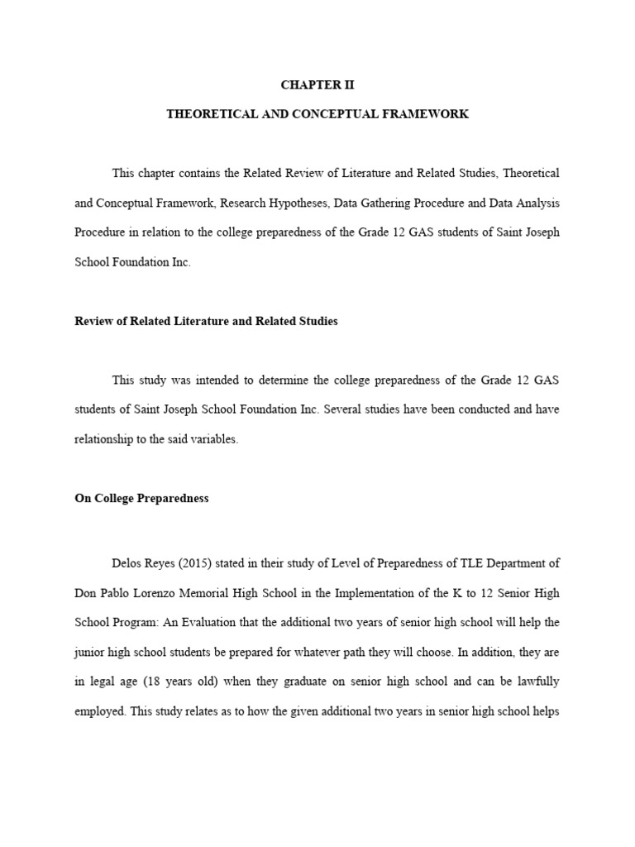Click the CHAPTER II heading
coord(317,84)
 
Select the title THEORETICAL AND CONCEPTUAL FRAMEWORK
coord(317,114)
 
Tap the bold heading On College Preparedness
coord(141,499)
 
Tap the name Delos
coord(128,563)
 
